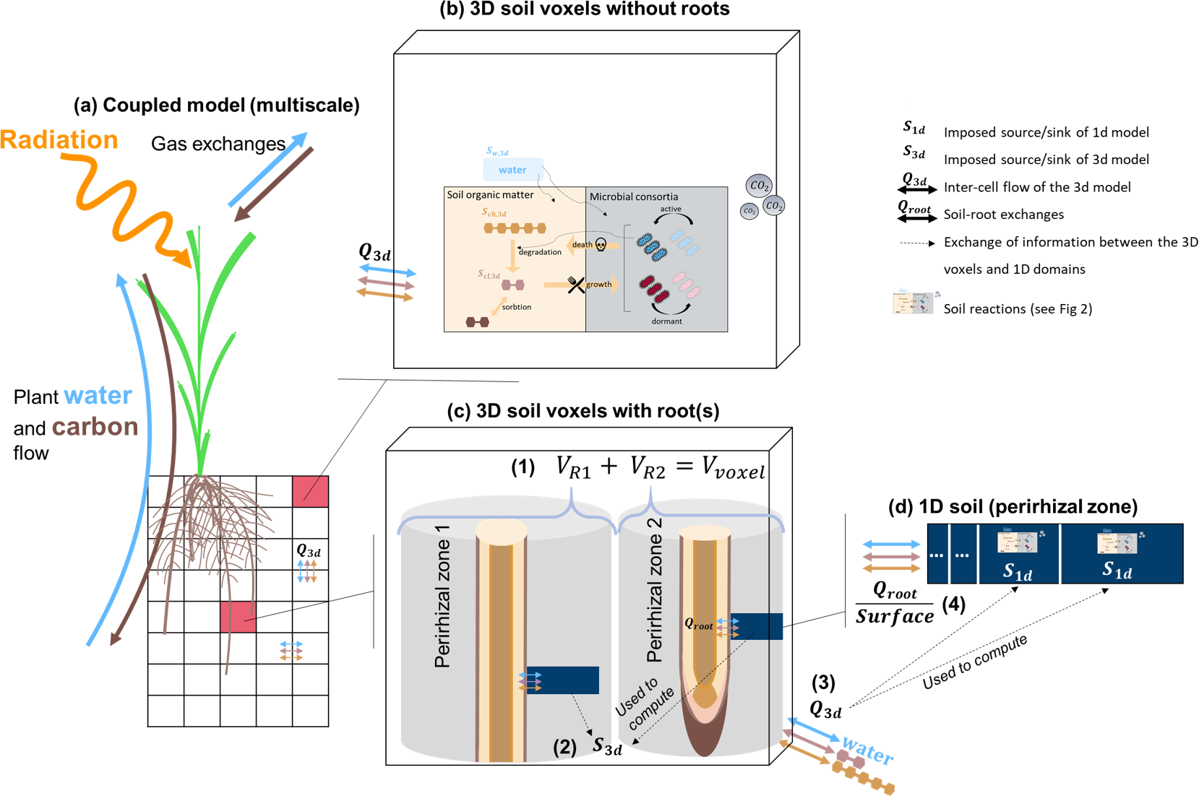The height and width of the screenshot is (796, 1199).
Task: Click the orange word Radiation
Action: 59,139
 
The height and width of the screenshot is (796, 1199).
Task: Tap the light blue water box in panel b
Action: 512,170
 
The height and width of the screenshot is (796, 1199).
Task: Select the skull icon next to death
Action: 601,246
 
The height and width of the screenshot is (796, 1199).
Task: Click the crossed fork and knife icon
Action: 576,285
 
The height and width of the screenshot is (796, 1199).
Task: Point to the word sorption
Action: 516,307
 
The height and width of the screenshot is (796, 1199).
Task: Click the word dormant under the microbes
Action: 666,321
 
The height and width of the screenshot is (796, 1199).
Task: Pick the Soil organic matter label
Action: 490,195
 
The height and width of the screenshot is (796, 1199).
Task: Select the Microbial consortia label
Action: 634,196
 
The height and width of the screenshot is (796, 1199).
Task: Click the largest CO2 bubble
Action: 759,186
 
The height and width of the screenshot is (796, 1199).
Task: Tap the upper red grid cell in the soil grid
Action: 310,491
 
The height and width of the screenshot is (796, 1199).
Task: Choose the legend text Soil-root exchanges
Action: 1003,215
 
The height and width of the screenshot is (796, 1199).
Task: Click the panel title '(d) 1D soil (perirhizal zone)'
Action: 1013,507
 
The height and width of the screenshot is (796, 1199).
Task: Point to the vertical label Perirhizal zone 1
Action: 442,597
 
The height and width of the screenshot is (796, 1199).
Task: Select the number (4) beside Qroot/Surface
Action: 954,604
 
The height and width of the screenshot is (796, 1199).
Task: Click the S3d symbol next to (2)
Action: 607,745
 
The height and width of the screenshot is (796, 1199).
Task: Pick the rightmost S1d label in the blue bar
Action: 1117,571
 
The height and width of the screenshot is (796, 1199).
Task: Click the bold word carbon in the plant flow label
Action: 95,427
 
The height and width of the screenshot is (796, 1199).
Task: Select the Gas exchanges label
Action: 218,144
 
